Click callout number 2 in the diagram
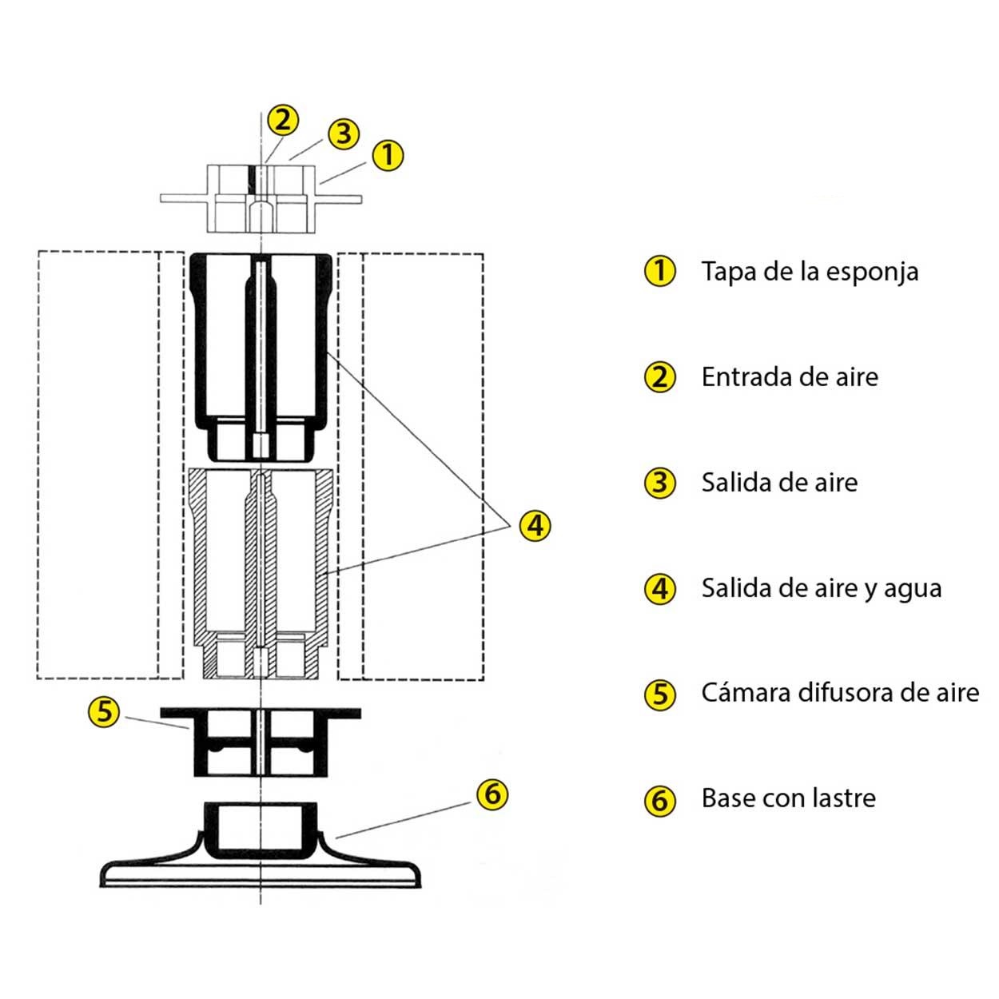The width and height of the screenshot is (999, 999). pos(282,121)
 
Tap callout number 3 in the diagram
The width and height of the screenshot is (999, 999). pos(344,133)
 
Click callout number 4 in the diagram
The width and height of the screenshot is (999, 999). pos(535,525)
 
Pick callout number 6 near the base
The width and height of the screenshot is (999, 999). pos(492,794)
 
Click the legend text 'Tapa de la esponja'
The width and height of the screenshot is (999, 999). pos(810,272)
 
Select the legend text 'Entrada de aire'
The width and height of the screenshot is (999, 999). pos(790,377)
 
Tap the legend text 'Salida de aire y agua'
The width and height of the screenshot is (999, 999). pos(822,588)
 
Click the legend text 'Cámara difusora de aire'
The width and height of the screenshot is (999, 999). pos(840,692)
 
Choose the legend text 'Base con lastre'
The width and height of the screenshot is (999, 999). pos(788,798)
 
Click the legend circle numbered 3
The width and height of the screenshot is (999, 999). pos(660,483)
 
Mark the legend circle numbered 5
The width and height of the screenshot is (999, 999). pos(660,693)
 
